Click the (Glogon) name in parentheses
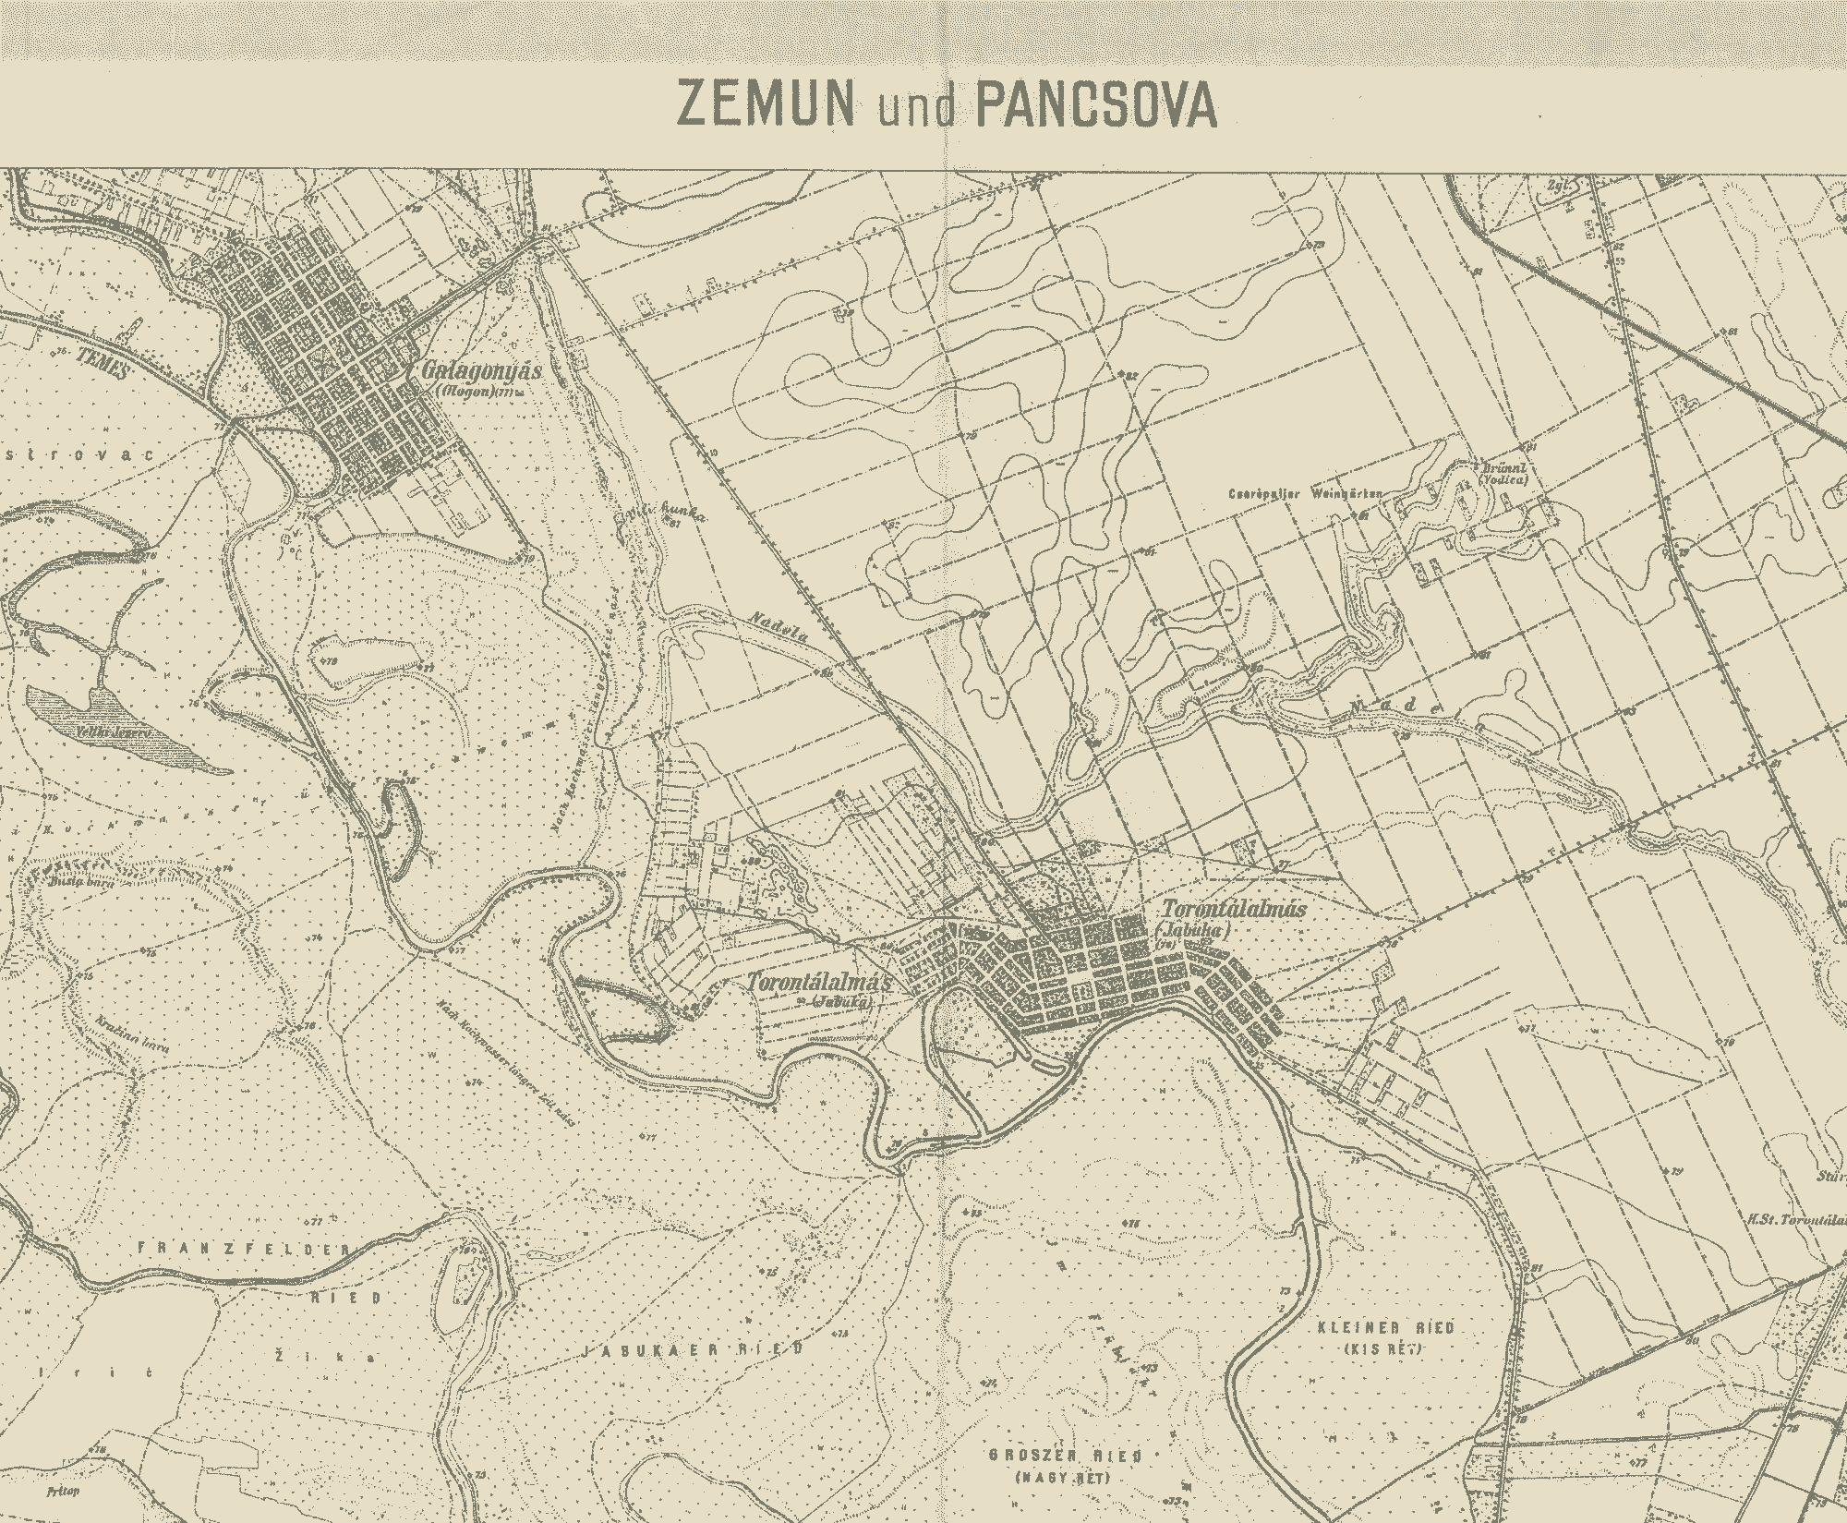pos(465,393)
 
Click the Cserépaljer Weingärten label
pos(1304,494)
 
